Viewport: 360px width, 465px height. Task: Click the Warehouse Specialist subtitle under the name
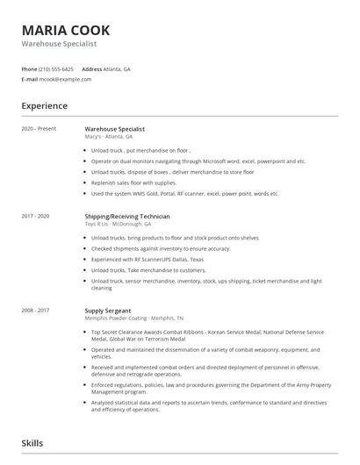[59, 43]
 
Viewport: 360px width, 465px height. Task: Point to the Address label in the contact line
[91, 68]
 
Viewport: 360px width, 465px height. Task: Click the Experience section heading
[44, 105]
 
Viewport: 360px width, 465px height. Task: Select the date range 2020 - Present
[39, 129]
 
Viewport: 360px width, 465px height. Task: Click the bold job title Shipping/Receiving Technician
[127, 216]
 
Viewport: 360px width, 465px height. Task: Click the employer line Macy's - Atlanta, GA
[109, 137]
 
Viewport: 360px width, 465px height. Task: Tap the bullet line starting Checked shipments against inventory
[161, 248]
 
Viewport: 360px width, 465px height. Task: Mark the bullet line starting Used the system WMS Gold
[184, 193]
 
